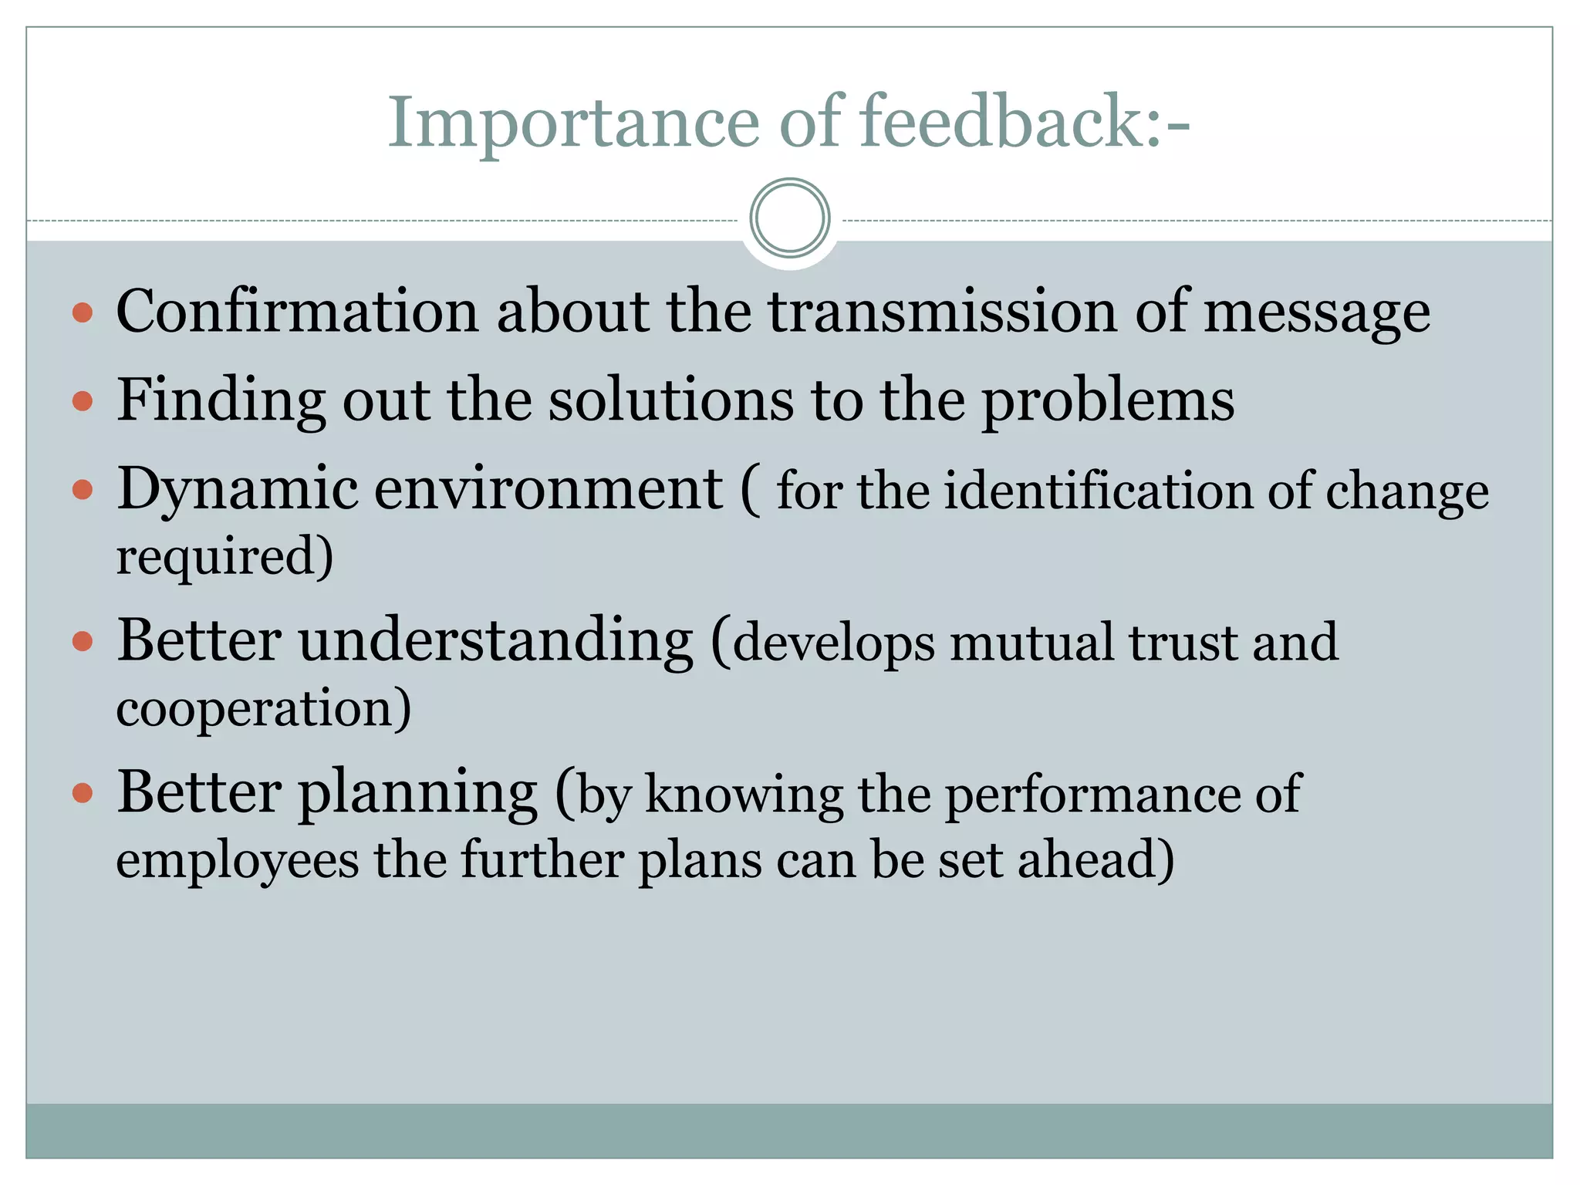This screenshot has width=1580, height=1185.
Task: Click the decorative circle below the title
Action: pyautogui.click(x=789, y=218)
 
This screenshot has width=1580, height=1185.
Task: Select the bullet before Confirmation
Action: pyautogui.click(x=83, y=312)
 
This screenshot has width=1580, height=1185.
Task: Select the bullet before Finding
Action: pyautogui.click(x=83, y=401)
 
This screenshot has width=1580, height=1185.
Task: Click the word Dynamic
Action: pyautogui.click(x=238, y=491)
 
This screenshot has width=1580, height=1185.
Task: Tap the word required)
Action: pyautogui.click(x=225, y=557)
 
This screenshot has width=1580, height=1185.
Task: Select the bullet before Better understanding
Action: pyautogui.click(x=83, y=641)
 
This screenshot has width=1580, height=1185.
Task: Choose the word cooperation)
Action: pyautogui.click(x=263, y=708)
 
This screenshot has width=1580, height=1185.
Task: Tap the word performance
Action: pyautogui.click(x=1091, y=795)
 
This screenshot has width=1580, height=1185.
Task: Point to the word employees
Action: pyautogui.click(x=237, y=861)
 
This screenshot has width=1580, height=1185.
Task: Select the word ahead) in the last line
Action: pyautogui.click(x=1096, y=859)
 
